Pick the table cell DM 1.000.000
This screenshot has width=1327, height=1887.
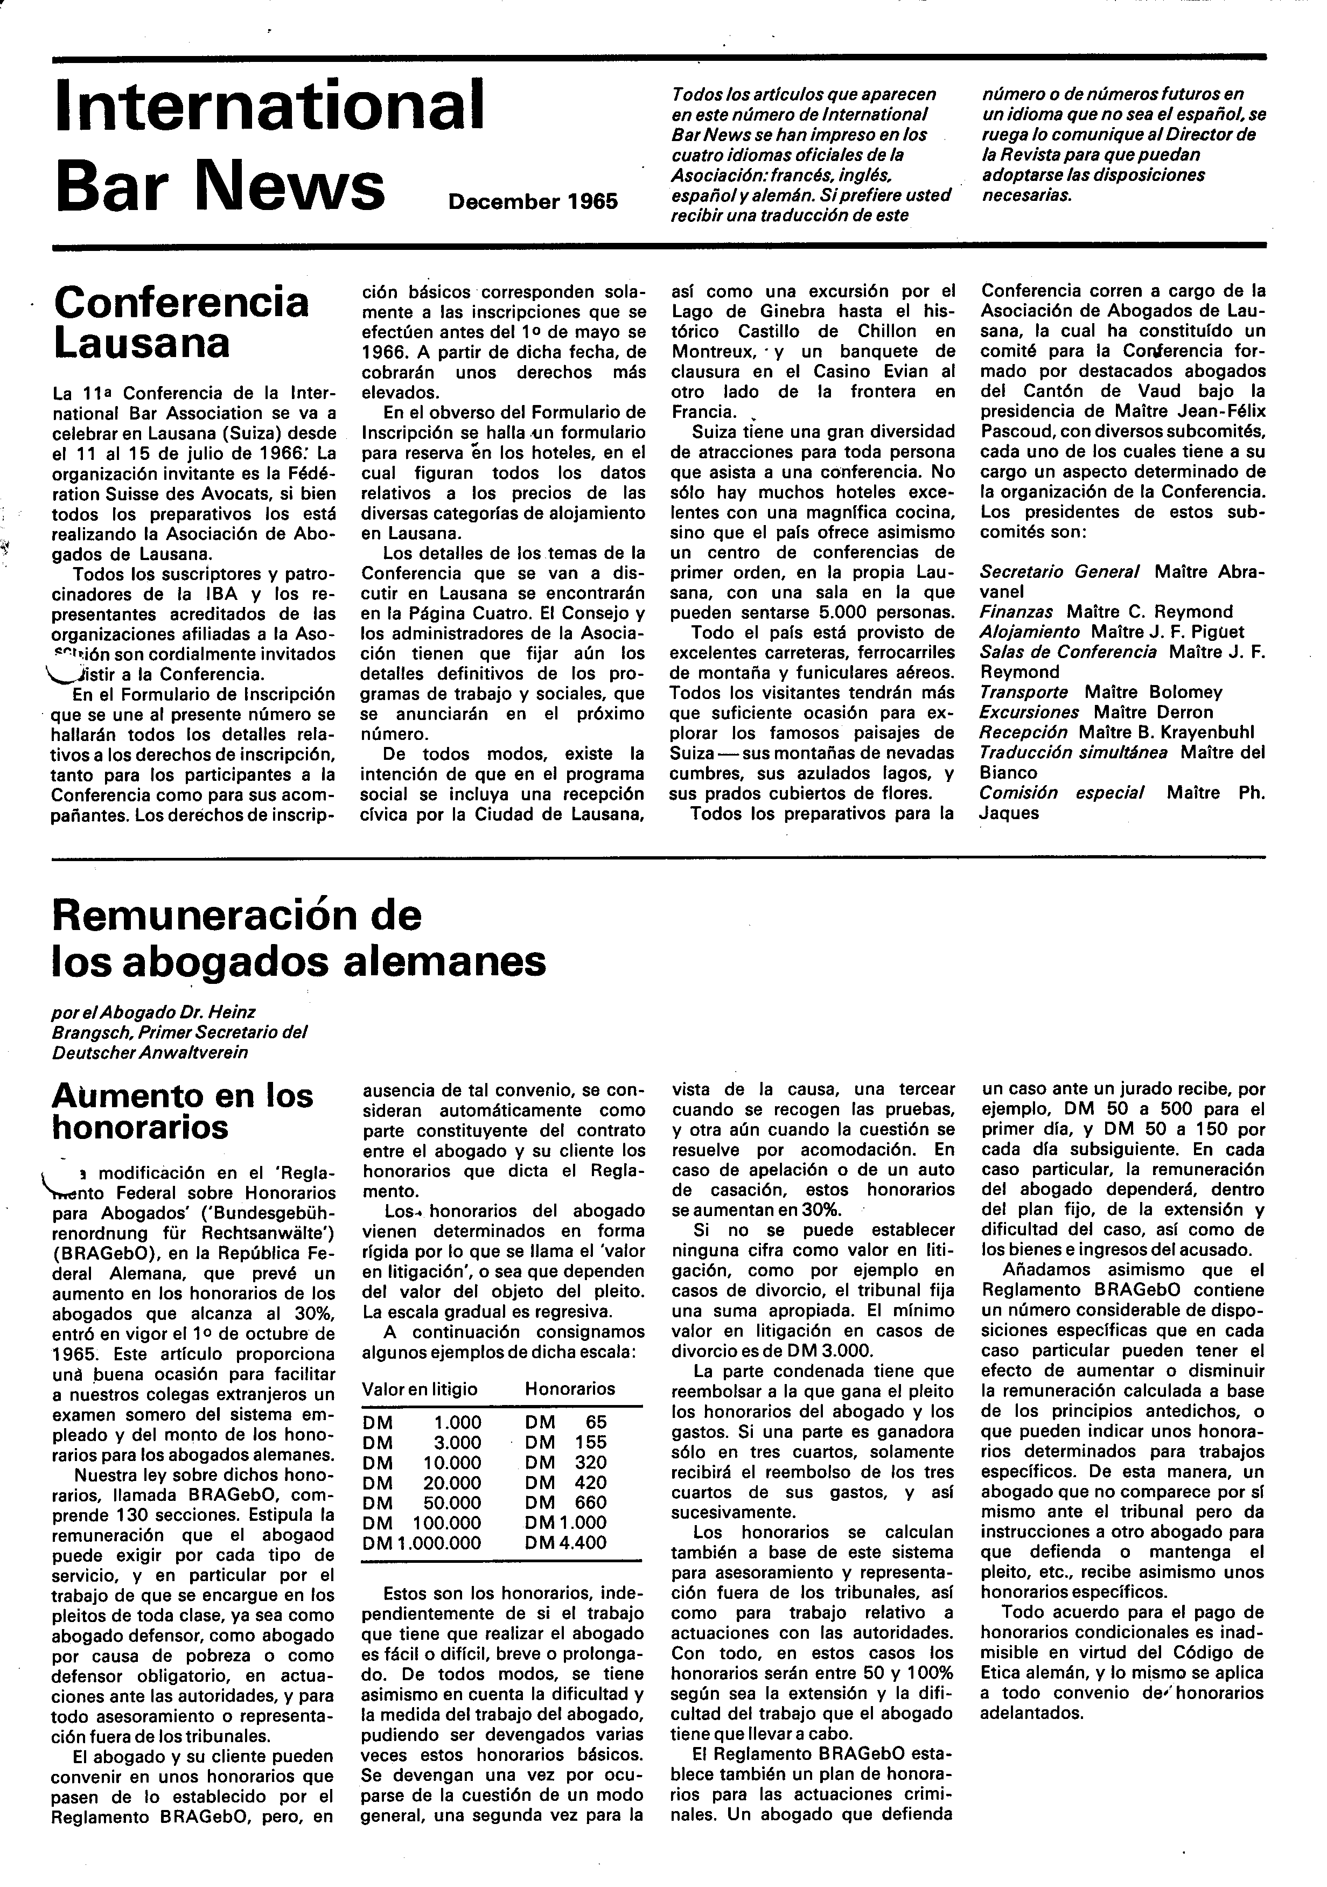point(422,1543)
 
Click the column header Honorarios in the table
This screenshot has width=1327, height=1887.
point(570,1389)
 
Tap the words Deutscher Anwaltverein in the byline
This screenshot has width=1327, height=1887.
point(150,1053)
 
